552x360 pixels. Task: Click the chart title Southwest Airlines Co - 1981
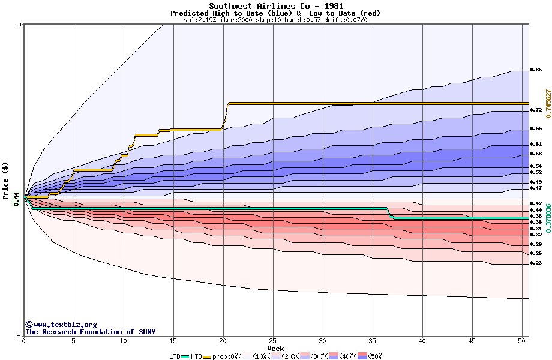point(275,6)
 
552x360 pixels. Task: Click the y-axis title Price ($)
point(5,174)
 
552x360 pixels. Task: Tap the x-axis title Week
point(275,348)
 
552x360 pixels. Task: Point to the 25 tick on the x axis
point(273,341)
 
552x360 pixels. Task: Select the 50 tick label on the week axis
point(521,341)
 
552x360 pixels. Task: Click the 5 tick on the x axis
point(74,341)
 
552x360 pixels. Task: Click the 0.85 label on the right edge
point(536,70)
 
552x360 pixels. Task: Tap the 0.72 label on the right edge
point(536,110)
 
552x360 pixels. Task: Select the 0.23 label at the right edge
point(536,263)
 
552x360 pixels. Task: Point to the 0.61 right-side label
point(536,144)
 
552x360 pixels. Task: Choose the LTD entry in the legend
point(175,356)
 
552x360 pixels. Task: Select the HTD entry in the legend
point(196,356)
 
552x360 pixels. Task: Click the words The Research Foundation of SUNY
point(90,332)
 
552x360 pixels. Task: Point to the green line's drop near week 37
point(389,214)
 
